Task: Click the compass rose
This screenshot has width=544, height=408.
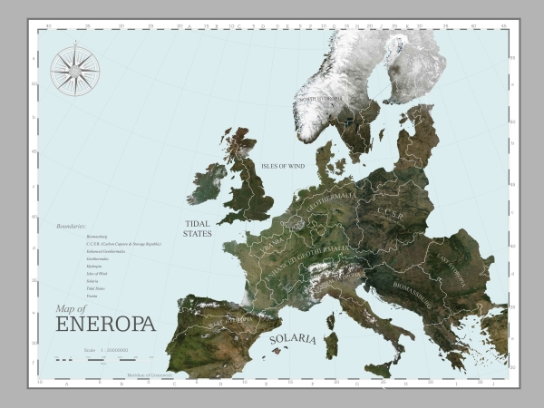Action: point(74,70)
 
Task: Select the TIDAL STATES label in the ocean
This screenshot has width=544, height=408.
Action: point(198,228)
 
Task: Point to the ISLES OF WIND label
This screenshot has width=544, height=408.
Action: point(282,166)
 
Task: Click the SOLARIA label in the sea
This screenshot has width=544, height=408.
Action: point(293,339)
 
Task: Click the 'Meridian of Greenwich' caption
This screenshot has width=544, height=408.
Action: point(150,374)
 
